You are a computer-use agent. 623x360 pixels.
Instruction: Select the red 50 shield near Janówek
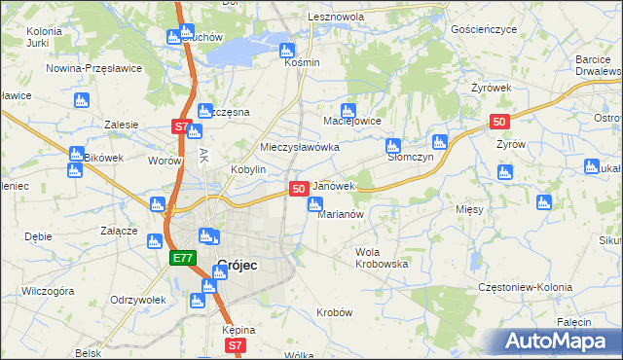pyautogui.click(x=299, y=188)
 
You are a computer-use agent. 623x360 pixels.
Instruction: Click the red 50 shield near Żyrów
pyautogui.click(x=499, y=122)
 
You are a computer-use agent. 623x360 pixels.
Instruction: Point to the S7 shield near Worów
pyautogui.click(x=180, y=126)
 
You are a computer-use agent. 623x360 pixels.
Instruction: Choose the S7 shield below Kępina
pyautogui.click(x=234, y=345)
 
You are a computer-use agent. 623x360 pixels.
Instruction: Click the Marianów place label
pyautogui.click(x=341, y=215)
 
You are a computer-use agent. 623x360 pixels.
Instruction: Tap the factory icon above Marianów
pyautogui.click(x=315, y=204)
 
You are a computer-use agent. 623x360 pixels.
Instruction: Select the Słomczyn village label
pyautogui.click(x=409, y=156)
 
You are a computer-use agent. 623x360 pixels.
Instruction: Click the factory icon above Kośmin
pyautogui.click(x=286, y=51)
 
